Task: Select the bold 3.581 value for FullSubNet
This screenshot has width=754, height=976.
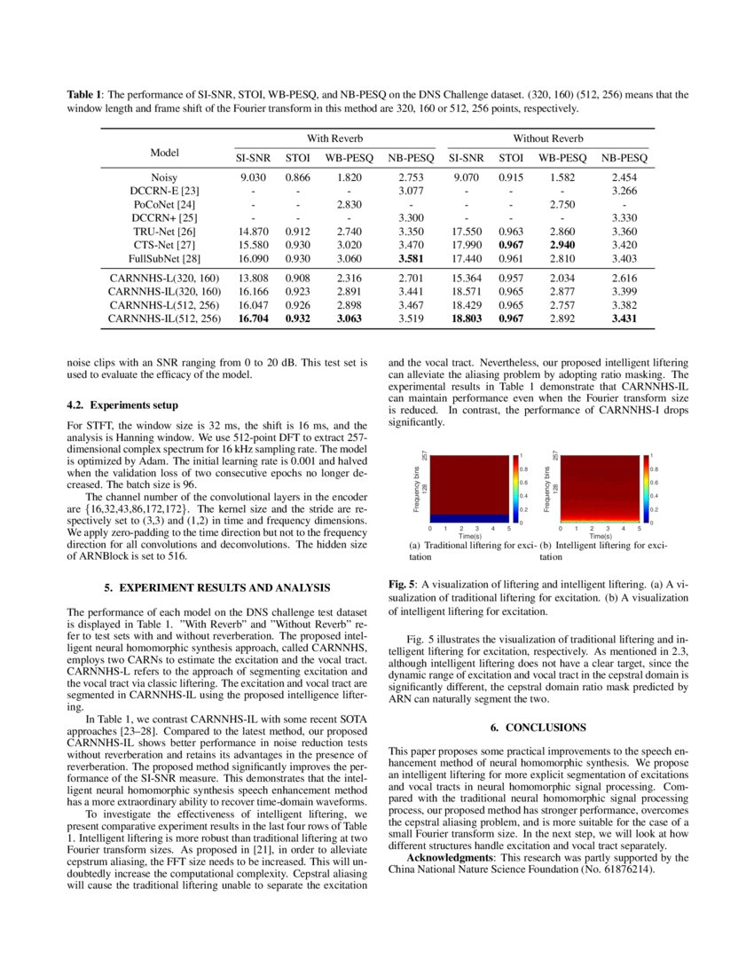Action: click(411, 259)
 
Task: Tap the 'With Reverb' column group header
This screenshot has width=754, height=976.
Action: click(334, 138)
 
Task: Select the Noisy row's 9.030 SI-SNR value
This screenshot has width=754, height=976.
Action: click(254, 177)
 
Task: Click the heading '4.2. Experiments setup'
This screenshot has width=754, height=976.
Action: click(115, 405)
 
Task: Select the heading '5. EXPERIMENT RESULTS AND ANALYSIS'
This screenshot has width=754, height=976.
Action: click(217, 587)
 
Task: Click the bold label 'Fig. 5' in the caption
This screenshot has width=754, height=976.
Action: click(404, 585)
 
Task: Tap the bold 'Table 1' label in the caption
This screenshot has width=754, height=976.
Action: click(86, 93)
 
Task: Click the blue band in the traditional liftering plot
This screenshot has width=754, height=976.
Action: click(469, 517)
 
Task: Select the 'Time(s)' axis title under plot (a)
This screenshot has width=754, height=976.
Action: click(469, 536)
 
